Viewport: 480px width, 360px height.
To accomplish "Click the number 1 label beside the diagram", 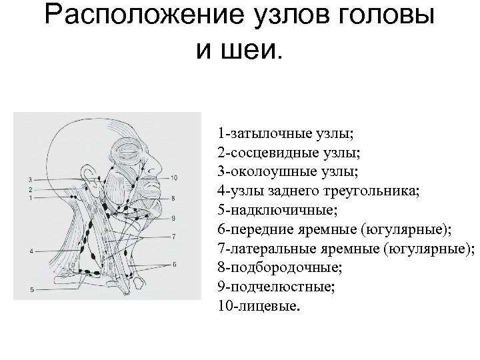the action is [31, 198].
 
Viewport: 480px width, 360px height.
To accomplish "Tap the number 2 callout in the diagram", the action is [31, 189].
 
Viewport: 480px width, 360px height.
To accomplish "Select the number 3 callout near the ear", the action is [31, 180].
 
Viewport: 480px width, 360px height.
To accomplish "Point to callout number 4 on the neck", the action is [31, 251].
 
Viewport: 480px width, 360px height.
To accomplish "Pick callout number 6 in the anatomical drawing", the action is [175, 264].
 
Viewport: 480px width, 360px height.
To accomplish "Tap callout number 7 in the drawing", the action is [173, 235].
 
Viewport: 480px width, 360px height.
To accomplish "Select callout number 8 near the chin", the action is [173, 198].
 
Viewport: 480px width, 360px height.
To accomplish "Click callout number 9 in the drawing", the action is [173, 218].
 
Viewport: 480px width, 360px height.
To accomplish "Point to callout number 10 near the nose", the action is [173, 177].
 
